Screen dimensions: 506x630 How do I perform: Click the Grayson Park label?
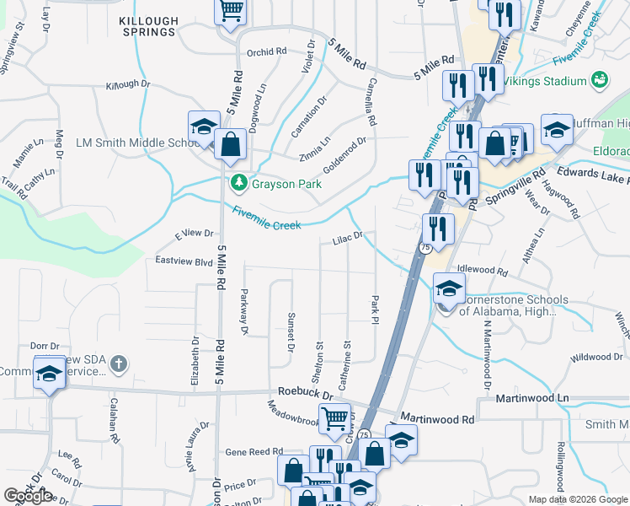pyautogui.click(x=279, y=184)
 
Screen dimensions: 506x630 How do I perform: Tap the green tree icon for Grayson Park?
pyautogui.click(x=239, y=183)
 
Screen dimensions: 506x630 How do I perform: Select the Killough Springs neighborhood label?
pyautogui.click(x=148, y=25)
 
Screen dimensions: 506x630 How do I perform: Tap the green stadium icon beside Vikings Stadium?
pyautogui.click(x=600, y=80)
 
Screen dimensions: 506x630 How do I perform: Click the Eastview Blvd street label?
pyautogui.click(x=184, y=261)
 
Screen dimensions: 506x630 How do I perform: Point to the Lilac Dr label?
pyautogui.click(x=347, y=239)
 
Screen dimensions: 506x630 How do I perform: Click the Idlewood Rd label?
pyautogui.click(x=483, y=272)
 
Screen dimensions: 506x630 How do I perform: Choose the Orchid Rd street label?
pyautogui.click(x=267, y=52)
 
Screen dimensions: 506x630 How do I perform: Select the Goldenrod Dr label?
pyautogui.click(x=344, y=153)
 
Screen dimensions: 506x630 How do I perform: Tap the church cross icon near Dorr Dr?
pyautogui.click(x=120, y=364)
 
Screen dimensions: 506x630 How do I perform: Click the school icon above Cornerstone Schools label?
pyautogui.click(x=449, y=290)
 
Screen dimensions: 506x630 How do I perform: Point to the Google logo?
pyautogui.click(x=29, y=496)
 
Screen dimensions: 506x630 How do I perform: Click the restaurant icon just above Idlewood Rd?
pyautogui.click(x=438, y=229)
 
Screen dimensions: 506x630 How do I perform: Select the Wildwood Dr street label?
pyautogui.click(x=595, y=357)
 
